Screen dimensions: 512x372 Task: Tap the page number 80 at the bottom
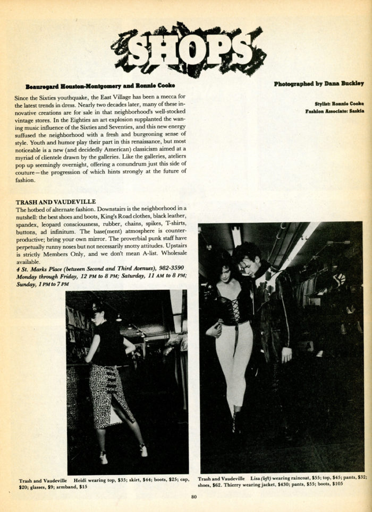click(x=193, y=497)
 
